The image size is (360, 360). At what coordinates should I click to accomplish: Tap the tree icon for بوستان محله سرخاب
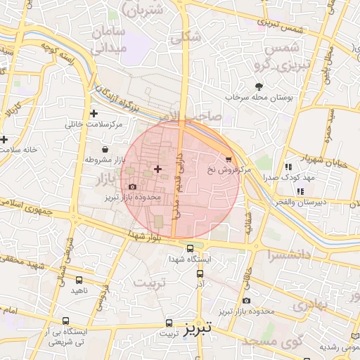pyautogui.click(x=259, y=86)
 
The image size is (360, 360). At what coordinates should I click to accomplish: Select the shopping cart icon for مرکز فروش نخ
pyautogui.click(x=229, y=159)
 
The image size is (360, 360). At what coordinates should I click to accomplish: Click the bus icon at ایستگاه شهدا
pyautogui.click(x=191, y=248)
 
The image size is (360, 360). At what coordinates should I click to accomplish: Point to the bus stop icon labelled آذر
pyautogui.click(x=200, y=274)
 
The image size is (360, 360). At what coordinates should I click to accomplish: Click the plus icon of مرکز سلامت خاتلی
pyautogui.click(x=94, y=113)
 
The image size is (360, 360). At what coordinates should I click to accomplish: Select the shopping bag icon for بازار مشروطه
pyautogui.click(x=105, y=149)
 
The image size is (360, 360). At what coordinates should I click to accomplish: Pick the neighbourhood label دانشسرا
pyautogui.click(x=281, y=257)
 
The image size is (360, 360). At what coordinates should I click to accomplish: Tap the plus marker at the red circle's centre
pyautogui.click(x=157, y=169)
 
